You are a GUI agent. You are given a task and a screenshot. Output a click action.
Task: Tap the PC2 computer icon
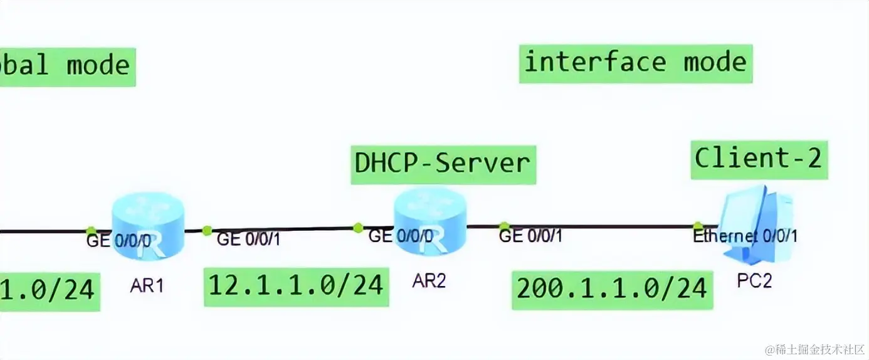click(756, 221)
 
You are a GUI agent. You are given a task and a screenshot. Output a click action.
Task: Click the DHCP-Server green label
click(442, 164)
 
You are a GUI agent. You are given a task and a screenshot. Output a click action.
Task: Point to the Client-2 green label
click(758, 158)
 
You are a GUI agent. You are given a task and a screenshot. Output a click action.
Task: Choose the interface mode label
click(635, 63)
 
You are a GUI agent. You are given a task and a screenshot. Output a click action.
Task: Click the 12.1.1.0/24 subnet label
click(295, 286)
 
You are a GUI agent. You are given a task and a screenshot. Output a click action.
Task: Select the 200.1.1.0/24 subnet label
click(612, 289)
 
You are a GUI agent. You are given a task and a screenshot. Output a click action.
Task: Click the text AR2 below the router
click(429, 280)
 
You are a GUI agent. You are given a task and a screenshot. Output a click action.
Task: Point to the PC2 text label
click(754, 280)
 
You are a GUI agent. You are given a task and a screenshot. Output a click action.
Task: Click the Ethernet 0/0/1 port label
click(745, 237)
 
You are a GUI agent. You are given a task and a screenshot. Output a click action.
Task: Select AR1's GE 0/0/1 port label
click(248, 239)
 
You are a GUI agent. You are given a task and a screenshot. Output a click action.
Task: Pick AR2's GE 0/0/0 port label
click(400, 236)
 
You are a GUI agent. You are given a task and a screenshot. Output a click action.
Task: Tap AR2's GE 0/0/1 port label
click(530, 236)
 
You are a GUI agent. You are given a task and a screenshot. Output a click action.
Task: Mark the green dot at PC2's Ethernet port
click(698, 225)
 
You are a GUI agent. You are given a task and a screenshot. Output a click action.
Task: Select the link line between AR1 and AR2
click(282, 230)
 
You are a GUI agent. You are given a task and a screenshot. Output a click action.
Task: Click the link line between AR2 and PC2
click(602, 226)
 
